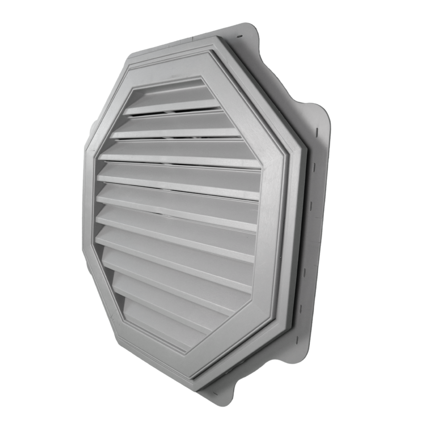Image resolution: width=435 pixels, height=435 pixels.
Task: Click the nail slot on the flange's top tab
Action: coord(240,37)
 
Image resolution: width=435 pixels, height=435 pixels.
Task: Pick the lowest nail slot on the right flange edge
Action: coord(297,339)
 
